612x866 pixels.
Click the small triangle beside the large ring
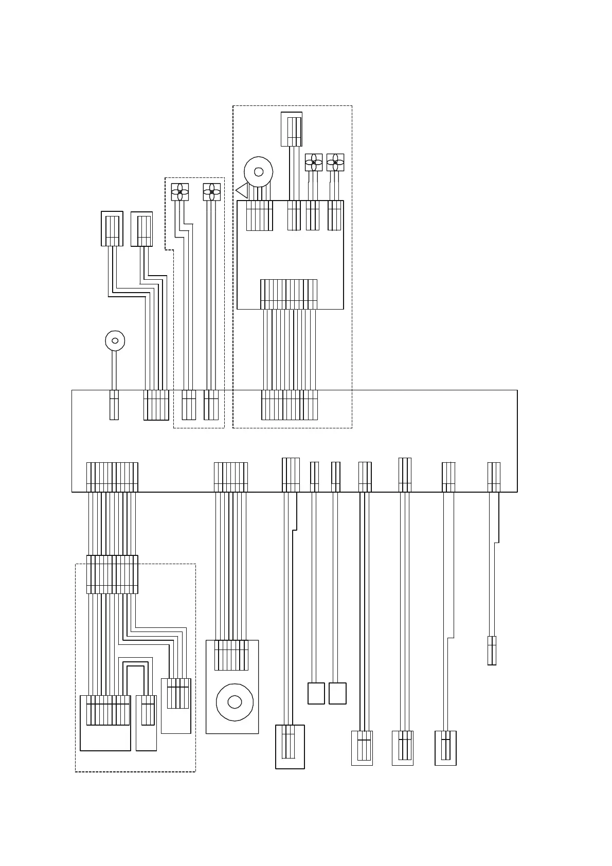coord(242,191)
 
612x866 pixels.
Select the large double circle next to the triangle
coord(258,172)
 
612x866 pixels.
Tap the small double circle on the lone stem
coord(115,340)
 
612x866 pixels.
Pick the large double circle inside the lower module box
coord(235,702)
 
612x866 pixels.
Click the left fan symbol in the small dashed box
coord(180,192)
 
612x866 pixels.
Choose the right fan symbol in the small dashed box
coord(211,192)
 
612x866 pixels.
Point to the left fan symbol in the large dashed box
coord(314,163)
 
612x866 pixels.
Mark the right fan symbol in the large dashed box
coord(335,163)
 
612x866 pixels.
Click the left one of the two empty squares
coord(316,693)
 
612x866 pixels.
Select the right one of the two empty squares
coord(337,693)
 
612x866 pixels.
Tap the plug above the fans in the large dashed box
coord(292,129)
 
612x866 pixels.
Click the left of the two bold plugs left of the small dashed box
coord(112,228)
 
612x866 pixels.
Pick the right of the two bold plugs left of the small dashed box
coord(142,229)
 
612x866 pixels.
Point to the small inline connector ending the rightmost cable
coord(492,651)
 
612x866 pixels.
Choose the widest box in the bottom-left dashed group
coord(105,723)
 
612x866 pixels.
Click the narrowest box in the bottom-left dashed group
coord(147,723)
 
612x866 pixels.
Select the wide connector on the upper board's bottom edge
coord(289,294)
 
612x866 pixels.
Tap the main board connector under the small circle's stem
coord(114,405)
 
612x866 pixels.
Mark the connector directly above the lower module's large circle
coord(231,655)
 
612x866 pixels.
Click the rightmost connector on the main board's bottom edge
coord(494,477)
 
